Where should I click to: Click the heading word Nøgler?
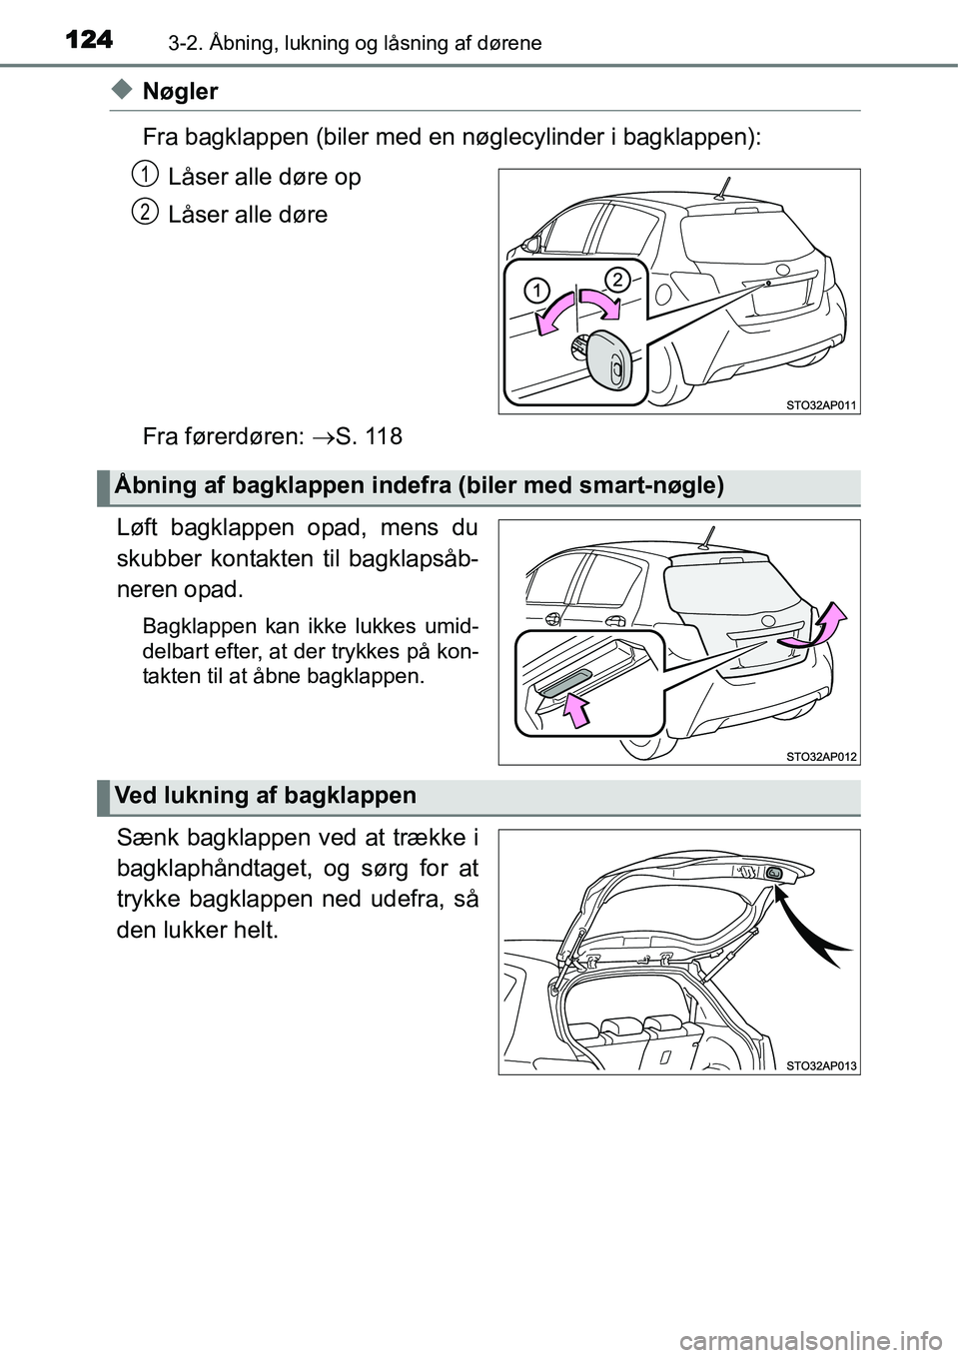pos(180,92)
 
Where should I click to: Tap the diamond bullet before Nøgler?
pos(121,91)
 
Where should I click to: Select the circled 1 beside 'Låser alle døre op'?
pos(146,175)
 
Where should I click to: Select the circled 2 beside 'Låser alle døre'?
pos(146,212)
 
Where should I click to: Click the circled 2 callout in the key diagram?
pos(616,279)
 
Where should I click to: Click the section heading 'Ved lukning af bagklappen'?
pos(266,796)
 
